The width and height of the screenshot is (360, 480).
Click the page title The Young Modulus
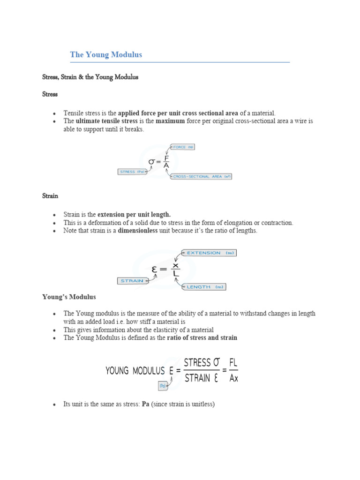(106, 55)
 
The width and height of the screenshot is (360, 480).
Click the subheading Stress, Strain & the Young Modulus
(90, 77)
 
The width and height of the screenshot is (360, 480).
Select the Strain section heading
(50, 195)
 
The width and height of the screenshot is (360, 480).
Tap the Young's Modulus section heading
(69, 297)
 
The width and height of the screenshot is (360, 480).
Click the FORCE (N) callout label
(182, 147)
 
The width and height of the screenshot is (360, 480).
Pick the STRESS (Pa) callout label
(132, 172)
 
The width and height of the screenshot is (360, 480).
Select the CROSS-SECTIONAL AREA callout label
(202, 177)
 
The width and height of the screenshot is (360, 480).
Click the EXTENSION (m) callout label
(210, 253)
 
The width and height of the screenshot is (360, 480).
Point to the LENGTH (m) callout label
(205, 286)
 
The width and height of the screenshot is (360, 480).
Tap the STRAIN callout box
(132, 281)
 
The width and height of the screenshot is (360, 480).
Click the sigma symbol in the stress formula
(152, 162)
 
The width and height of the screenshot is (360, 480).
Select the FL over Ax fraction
(234, 370)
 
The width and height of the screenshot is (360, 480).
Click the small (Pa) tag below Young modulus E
(163, 386)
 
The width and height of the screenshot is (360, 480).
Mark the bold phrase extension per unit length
(134, 215)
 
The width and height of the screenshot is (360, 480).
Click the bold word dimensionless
(142, 231)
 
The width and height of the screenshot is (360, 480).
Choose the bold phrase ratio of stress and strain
(202, 337)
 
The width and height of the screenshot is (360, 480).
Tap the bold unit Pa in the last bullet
(145, 404)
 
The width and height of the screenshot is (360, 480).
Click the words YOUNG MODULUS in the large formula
(135, 371)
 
